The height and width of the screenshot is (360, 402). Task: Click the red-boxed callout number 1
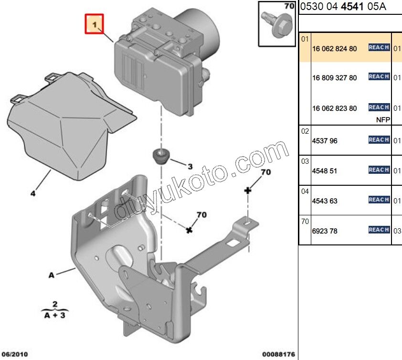pos(95,24)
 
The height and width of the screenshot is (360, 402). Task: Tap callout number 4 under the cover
pos(33,193)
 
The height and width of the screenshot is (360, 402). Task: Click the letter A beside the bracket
pos(51,275)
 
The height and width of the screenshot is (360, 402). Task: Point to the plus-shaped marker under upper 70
pos(247,191)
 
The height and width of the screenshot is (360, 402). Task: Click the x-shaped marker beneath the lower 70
pos(190,231)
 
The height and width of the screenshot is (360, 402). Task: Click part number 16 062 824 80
pos(334,48)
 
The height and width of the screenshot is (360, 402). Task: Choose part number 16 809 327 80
pos(334,78)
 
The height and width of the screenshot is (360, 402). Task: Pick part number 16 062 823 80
pos(334,108)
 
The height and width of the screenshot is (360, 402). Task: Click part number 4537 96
pos(324,141)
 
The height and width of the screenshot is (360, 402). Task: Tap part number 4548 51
pos(324,171)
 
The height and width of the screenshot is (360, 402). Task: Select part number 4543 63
pos(324,201)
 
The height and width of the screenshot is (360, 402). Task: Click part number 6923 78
pos(324,231)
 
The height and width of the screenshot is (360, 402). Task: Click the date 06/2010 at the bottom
pos(14,355)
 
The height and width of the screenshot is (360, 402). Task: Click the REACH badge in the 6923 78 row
pos(379,230)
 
